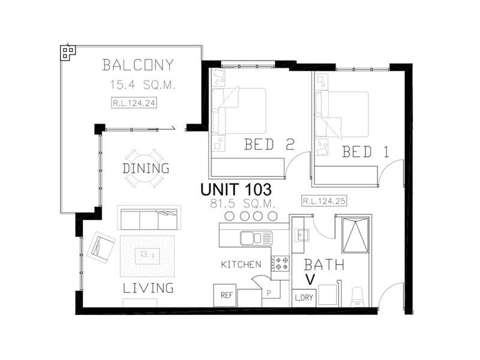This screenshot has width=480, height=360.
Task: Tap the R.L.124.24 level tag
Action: (134, 103)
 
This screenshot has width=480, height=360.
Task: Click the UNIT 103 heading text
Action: (236, 189)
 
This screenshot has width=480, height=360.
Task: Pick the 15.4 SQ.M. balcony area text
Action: (142, 85)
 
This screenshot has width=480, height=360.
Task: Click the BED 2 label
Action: (268, 145)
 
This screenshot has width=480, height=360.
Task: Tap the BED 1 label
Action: (365, 152)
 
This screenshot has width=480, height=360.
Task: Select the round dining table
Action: (146, 168)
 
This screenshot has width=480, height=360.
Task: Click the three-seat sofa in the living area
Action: (149, 219)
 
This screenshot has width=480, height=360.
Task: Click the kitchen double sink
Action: (255, 238)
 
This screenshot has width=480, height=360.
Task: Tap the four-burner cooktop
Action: (280, 263)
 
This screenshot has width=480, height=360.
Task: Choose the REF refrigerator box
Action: (226, 295)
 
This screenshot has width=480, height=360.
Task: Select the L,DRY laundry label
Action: (303, 297)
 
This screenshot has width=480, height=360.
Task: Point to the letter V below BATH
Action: (310, 280)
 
